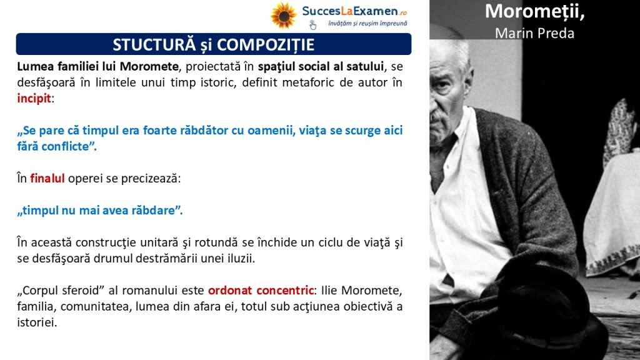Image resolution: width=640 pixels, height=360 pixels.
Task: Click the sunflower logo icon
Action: pos(284,16)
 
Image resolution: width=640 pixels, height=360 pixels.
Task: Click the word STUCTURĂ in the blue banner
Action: pos(154,44)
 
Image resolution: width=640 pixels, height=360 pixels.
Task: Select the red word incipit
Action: pos(34,98)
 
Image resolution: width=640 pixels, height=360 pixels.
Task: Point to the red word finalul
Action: pos(47,178)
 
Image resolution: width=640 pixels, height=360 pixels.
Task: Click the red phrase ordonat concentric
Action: pos(261,290)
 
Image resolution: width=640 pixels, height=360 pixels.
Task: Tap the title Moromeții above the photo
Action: pos(535,11)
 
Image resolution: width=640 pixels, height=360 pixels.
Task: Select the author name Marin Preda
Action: pos(535,33)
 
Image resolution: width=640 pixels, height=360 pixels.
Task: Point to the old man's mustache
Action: pos(437,116)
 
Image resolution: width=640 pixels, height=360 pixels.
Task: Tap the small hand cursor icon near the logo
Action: pos(312,25)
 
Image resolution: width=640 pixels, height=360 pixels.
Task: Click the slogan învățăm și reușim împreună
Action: pos(367,24)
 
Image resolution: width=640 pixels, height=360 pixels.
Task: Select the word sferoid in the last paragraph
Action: pos(84,290)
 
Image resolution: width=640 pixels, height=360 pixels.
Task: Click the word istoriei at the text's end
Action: pos(37,322)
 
